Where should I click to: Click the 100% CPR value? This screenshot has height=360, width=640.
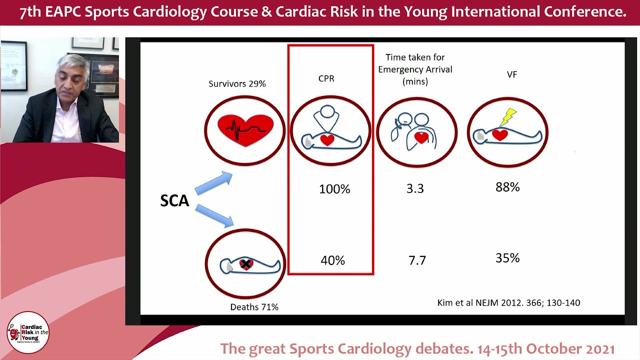(334, 189)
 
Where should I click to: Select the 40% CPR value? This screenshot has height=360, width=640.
(332, 260)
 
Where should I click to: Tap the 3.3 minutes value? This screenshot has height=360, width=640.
(415, 188)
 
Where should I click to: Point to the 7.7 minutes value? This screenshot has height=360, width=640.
(417, 260)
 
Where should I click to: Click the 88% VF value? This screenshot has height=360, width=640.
(507, 187)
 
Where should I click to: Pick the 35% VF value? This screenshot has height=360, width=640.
(507, 258)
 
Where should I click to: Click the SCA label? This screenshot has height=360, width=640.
(174, 201)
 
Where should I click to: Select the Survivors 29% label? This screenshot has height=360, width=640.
(237, 83)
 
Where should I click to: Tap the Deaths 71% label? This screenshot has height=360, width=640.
(254, 307)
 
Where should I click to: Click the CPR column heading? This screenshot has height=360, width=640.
(326, 78)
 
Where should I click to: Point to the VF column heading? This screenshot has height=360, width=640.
(511, 74)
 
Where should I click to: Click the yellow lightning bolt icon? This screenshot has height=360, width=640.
(508, 117)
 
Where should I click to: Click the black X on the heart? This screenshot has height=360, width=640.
(245, 264)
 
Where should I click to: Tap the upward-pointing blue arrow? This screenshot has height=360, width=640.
(213, 183)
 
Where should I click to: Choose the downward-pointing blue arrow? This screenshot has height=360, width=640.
(214, 215)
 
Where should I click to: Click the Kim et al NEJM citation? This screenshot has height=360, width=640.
(508, 302)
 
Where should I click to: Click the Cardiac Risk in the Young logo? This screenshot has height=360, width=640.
(28, 332)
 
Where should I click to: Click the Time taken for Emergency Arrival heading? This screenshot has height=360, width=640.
(415, 69)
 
